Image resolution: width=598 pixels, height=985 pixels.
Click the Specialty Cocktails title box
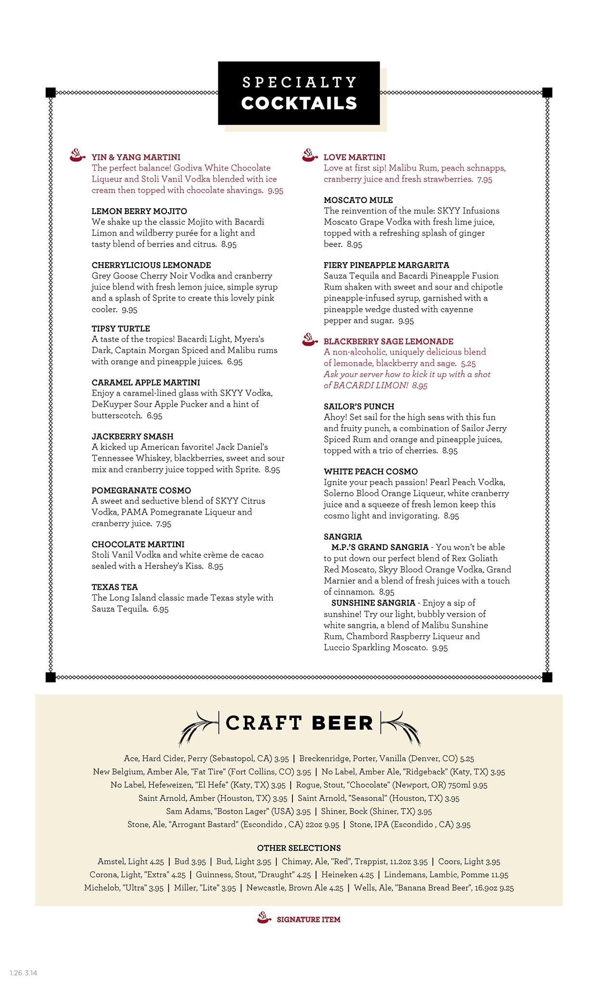(x=299, y=93)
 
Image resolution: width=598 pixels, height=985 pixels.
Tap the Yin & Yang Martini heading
(x=136, y=157)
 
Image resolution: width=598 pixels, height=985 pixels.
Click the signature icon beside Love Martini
(x=310, y=155)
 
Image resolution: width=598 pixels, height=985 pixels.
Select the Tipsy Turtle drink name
(x=121, y=329)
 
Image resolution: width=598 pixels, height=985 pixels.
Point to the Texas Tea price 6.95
(x=161, y=609)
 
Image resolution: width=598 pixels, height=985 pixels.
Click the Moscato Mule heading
(x=358, y=200)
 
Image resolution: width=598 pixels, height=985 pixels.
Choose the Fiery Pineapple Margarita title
(x=386, y=265)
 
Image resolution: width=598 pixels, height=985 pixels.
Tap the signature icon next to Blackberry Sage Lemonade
(x=310, y=339)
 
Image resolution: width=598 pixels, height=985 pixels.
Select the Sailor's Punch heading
(x=358, y=406)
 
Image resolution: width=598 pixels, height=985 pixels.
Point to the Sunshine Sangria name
(x=373, y=603)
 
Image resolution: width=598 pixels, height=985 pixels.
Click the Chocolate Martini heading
(x=138, y=544)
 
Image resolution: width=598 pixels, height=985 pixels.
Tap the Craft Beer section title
(x=299, y=723)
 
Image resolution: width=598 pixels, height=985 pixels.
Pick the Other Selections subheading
(x=299, y=848)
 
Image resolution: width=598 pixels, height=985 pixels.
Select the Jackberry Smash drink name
(x=132, y=437)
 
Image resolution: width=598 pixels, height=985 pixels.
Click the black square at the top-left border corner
(x=51, y=92)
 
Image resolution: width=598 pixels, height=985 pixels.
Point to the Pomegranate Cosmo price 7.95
(x=164, y=524)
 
